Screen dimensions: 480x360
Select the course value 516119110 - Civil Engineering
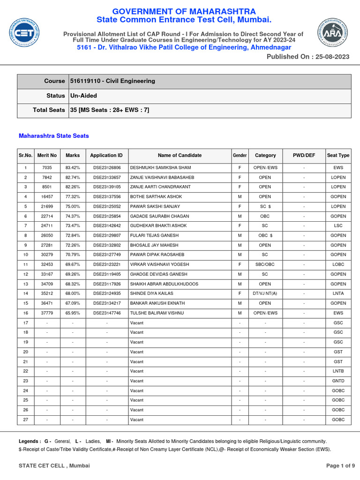pos(112,81)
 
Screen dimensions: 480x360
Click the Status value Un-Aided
pos(83,96)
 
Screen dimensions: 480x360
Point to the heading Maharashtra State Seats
pos(53,136)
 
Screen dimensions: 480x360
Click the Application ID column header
pos(106,155)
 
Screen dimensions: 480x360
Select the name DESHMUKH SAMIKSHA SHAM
pos(160,168)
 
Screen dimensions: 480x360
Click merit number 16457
pos(47,197)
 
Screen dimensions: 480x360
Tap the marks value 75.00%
pos(73,207)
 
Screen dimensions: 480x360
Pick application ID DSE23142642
pos(106,226)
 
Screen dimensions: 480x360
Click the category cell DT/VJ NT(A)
pos(265,294)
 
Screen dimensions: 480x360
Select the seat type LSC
pos(338,226)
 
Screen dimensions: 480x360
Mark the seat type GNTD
pos(338,381)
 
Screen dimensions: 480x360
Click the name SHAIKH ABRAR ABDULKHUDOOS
pos(164,284)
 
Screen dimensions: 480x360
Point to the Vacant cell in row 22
pos(137,371)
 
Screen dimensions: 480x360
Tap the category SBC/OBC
pos(265,265)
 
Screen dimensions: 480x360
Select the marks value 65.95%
pos(73,313)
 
